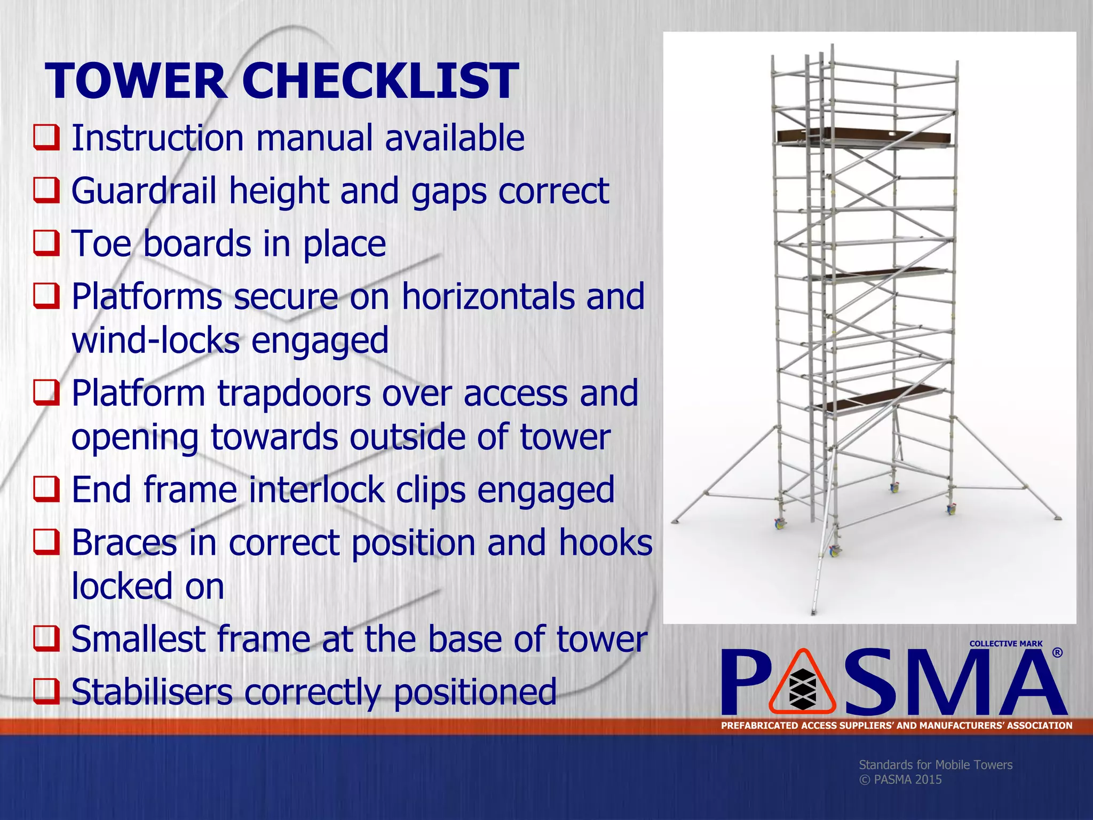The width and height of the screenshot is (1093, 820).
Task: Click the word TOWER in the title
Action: click(137, 81)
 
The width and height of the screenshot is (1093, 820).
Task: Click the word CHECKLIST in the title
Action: click(380, 81)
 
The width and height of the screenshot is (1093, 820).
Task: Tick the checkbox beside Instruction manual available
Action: click(46, 137)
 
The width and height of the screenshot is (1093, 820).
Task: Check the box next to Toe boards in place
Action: click(46, 243)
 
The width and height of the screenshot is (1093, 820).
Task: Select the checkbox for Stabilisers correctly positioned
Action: click(46, 691)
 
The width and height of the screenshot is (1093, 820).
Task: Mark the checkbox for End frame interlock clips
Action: click(46, 489)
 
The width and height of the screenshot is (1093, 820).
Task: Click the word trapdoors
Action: click(294, 393)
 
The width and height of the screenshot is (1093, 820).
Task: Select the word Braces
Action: click(124, 542)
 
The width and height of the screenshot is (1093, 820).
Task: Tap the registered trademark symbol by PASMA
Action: click(1057, 653)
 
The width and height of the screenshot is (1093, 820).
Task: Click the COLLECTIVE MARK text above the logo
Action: click(1005, 644)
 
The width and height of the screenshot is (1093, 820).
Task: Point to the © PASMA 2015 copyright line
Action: click(900, 779)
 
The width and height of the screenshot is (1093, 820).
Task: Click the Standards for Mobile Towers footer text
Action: click(935, 764)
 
